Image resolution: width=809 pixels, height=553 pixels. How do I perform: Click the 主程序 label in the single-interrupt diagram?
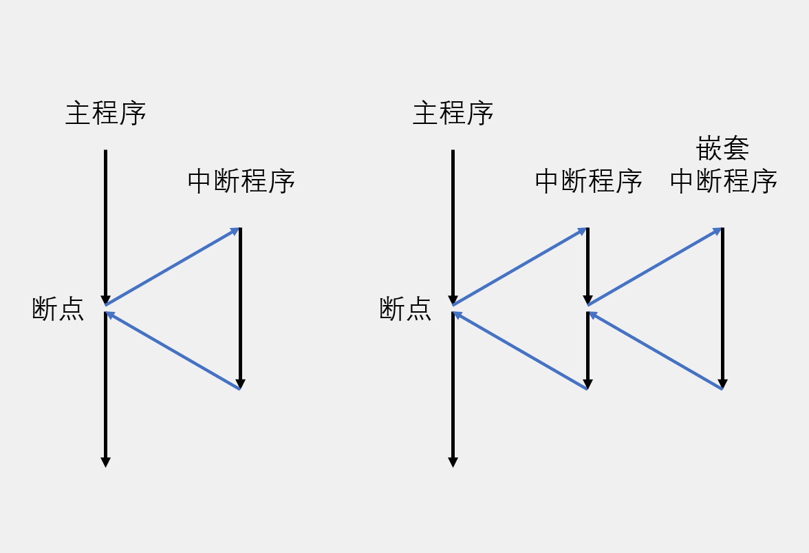click(106, 114)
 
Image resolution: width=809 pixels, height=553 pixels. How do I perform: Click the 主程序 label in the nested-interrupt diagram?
click(453, 114)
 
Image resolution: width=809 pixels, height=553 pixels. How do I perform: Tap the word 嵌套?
click(723, 149)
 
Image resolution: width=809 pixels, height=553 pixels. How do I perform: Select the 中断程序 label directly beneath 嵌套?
click(723, 182)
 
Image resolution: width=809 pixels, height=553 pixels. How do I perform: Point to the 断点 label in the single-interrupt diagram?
click(58, 309)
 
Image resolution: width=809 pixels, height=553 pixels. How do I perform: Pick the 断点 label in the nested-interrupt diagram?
click(406, 309)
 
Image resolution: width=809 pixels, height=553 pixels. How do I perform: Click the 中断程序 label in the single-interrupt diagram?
click(241, 182)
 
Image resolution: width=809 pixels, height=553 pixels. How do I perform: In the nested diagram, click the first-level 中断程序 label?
click(588, 182)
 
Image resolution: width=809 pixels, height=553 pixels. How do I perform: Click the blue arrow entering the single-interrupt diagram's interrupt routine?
click(172, 267)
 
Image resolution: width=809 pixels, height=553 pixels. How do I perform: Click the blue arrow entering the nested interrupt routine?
click(655, 267)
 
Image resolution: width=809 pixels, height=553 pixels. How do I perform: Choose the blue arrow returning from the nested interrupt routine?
click(655, 351)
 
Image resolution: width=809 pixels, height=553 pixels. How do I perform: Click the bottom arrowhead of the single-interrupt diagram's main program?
click(105, 462)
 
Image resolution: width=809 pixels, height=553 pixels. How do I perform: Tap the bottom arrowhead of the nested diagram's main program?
click(453, 462)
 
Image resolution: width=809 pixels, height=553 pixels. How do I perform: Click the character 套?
click(736, 149)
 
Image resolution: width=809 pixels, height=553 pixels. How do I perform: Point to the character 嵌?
click(709, 149)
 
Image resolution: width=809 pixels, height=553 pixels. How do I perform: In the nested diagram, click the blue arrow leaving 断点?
click(519, 267)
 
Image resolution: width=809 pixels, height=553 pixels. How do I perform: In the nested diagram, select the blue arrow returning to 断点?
click(519, 351)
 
